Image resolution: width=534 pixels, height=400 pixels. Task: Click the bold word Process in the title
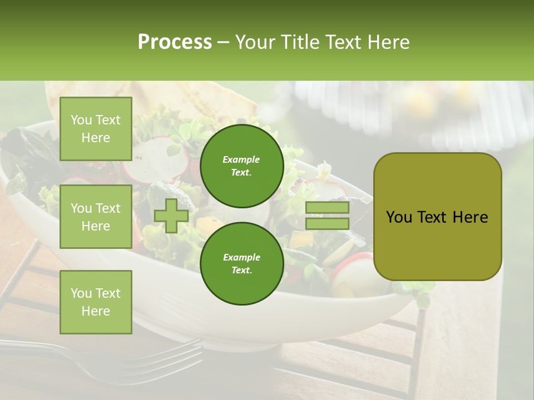[175, 42]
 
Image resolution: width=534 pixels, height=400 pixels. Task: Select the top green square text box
[96, 129]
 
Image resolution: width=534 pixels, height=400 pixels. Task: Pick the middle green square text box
[96, 217]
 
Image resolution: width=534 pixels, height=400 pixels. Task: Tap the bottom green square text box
[96, 302]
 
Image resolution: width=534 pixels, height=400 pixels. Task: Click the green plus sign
[171, 216]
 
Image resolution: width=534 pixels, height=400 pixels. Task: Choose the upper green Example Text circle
[241, 166]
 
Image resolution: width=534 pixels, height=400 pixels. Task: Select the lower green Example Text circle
[241, 264]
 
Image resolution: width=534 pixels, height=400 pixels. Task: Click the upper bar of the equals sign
[327, 208]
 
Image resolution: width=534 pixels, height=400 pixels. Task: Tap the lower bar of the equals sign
[327, 224]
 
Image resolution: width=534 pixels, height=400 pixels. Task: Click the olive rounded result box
[437, 217]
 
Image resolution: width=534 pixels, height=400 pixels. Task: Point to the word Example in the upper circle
[241, 160]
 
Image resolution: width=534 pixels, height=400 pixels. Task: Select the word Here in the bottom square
[96, 312]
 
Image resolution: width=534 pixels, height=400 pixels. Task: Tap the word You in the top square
[81, 120]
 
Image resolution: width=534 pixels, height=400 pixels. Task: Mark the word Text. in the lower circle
[241, 271]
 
